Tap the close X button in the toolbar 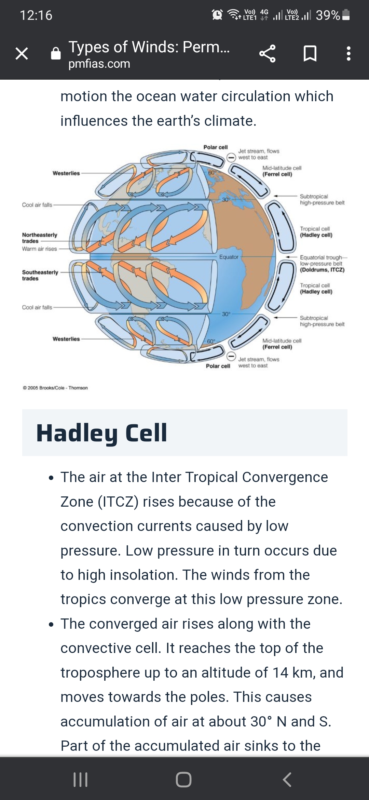click(22, 54)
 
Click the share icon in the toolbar click(267, 54)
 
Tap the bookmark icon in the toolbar click(310, 54)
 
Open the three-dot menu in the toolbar click(348, 54)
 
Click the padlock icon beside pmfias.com click(56, 53)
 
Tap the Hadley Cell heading click(101, 433)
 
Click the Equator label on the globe click(229, 257)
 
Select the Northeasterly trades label click(40, 238)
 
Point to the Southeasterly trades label click(40, 275)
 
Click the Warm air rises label click(39, 249)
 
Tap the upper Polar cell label click(216, 147)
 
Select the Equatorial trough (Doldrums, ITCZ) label click(322, 264)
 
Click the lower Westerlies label click(66, 339)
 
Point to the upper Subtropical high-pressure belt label click(322, 199)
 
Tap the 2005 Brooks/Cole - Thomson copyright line click(55, 388)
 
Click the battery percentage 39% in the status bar click(328, 15)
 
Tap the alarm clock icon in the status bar click(217, 15)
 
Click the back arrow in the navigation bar click(287, 779)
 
